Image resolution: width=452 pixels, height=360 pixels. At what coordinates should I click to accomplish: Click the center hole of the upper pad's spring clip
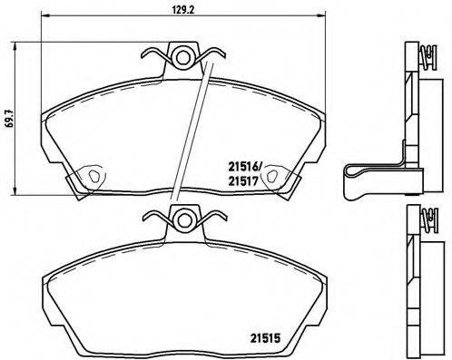(184, 58)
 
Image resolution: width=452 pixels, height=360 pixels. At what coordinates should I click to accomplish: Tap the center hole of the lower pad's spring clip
(185, 219)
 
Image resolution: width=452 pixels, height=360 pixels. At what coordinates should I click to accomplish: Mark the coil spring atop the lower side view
(424, 223)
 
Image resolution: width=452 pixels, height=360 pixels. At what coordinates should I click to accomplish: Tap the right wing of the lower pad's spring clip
(211, 218)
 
